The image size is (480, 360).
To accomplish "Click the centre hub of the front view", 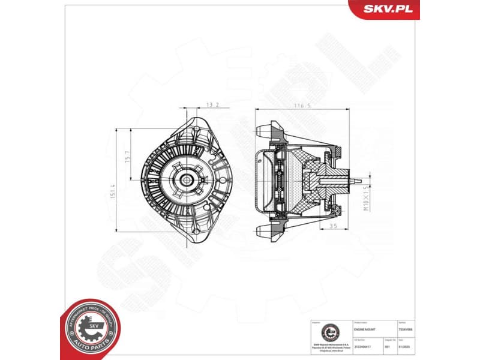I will pyautogui.click(x=185, y=179).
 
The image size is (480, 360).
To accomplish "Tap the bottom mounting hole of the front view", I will pyautogui.click(x=194, y=233).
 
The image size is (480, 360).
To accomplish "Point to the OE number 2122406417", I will pyautogui.click(x=364, y=346).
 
